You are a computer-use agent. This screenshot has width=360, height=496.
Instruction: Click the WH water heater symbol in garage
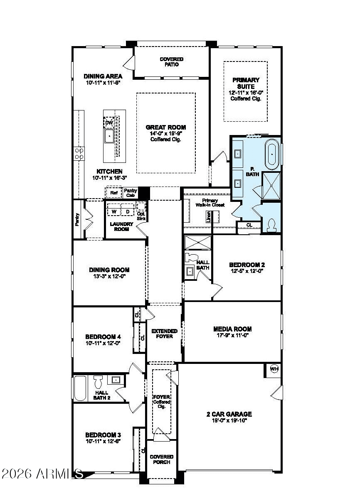pyautogui.click(x=274, y=368)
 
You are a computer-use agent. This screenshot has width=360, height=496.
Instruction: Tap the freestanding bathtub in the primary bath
pyautogui.click(x=272, y=155)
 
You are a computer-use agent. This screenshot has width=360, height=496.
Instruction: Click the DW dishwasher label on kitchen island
pyautogui.click(x=109, y=123)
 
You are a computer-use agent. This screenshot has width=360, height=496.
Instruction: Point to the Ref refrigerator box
pyautogui.click(x=113, y=193)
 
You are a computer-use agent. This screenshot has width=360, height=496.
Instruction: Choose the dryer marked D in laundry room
pyautogui.click(x=127, y=211)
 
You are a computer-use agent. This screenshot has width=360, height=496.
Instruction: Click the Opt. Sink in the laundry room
pyautogui.click(x=141, y=209)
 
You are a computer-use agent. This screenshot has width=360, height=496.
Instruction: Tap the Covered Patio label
pyautogui.click(x=171, y=62)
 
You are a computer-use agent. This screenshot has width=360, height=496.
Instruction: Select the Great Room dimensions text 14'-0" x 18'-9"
pyautogui.click(x=166, y=133)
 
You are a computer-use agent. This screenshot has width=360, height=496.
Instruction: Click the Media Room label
pyautogui.click(x=232, y=329)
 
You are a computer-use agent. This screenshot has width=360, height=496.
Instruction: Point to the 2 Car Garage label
pyautogui.click(x=229, y=414)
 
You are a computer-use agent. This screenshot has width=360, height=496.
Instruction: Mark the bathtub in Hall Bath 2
pyautogui.click(x=80, y=388)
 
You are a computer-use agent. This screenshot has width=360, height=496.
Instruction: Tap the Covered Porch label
pyautogui.click(x=162, y=459)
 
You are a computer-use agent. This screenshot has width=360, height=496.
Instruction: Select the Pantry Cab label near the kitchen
pyautogui.click(x=131, y=193)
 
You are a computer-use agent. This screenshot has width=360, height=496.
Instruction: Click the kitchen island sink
pyautogui.click(x=109, y=135)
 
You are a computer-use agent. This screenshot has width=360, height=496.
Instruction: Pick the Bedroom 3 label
pyautogui.click(x=103, y=435)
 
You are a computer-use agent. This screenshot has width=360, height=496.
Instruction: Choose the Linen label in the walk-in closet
pyautogui.click(x=208, y=217)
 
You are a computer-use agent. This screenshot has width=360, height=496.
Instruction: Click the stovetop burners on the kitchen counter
pyautogui.click(x=79, y=154)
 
